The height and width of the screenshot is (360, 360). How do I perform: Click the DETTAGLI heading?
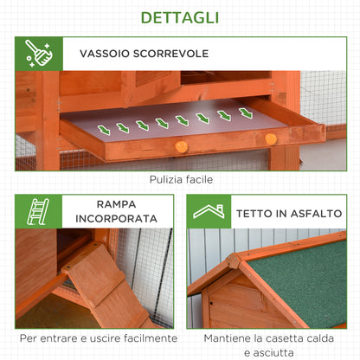[179, 16]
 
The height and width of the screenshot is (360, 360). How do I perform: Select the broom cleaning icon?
[36, 53]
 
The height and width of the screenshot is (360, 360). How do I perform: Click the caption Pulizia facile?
[179, 179]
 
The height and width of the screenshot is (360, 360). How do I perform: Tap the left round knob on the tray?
[181, 146]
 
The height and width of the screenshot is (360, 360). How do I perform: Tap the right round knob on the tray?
[271, 138]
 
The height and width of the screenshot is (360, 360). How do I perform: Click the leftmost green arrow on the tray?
[104, 131]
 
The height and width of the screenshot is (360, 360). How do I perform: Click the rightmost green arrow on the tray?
[246, 113]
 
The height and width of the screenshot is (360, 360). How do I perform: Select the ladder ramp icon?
[37, 211]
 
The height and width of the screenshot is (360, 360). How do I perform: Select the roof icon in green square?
[209, 211]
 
